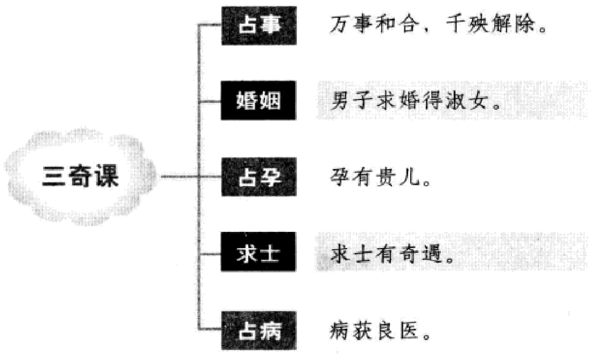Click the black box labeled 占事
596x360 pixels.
coord(258,26)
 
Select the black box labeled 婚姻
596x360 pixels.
coord(258,101)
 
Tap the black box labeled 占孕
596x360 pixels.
coord(258,177)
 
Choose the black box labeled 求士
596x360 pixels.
coord(258,253)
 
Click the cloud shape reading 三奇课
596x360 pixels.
coord(81,177)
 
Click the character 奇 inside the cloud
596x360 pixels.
coord(81,177)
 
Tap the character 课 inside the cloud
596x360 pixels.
coord(106,177)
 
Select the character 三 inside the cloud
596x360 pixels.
coord(55,177)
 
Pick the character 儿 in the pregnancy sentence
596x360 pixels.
coord(410,177)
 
